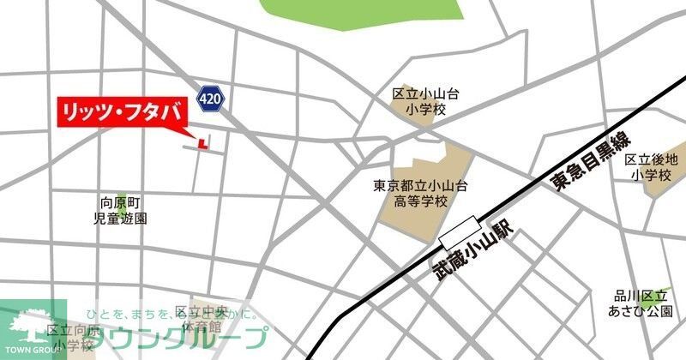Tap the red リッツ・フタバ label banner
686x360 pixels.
tap(121, 112)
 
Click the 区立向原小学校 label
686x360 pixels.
tap(72, 338)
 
